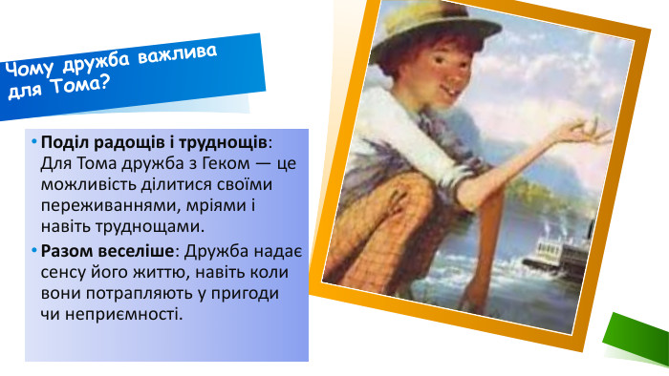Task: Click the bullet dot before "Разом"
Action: coord(33,250)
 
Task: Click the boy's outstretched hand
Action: coord(583,138)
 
